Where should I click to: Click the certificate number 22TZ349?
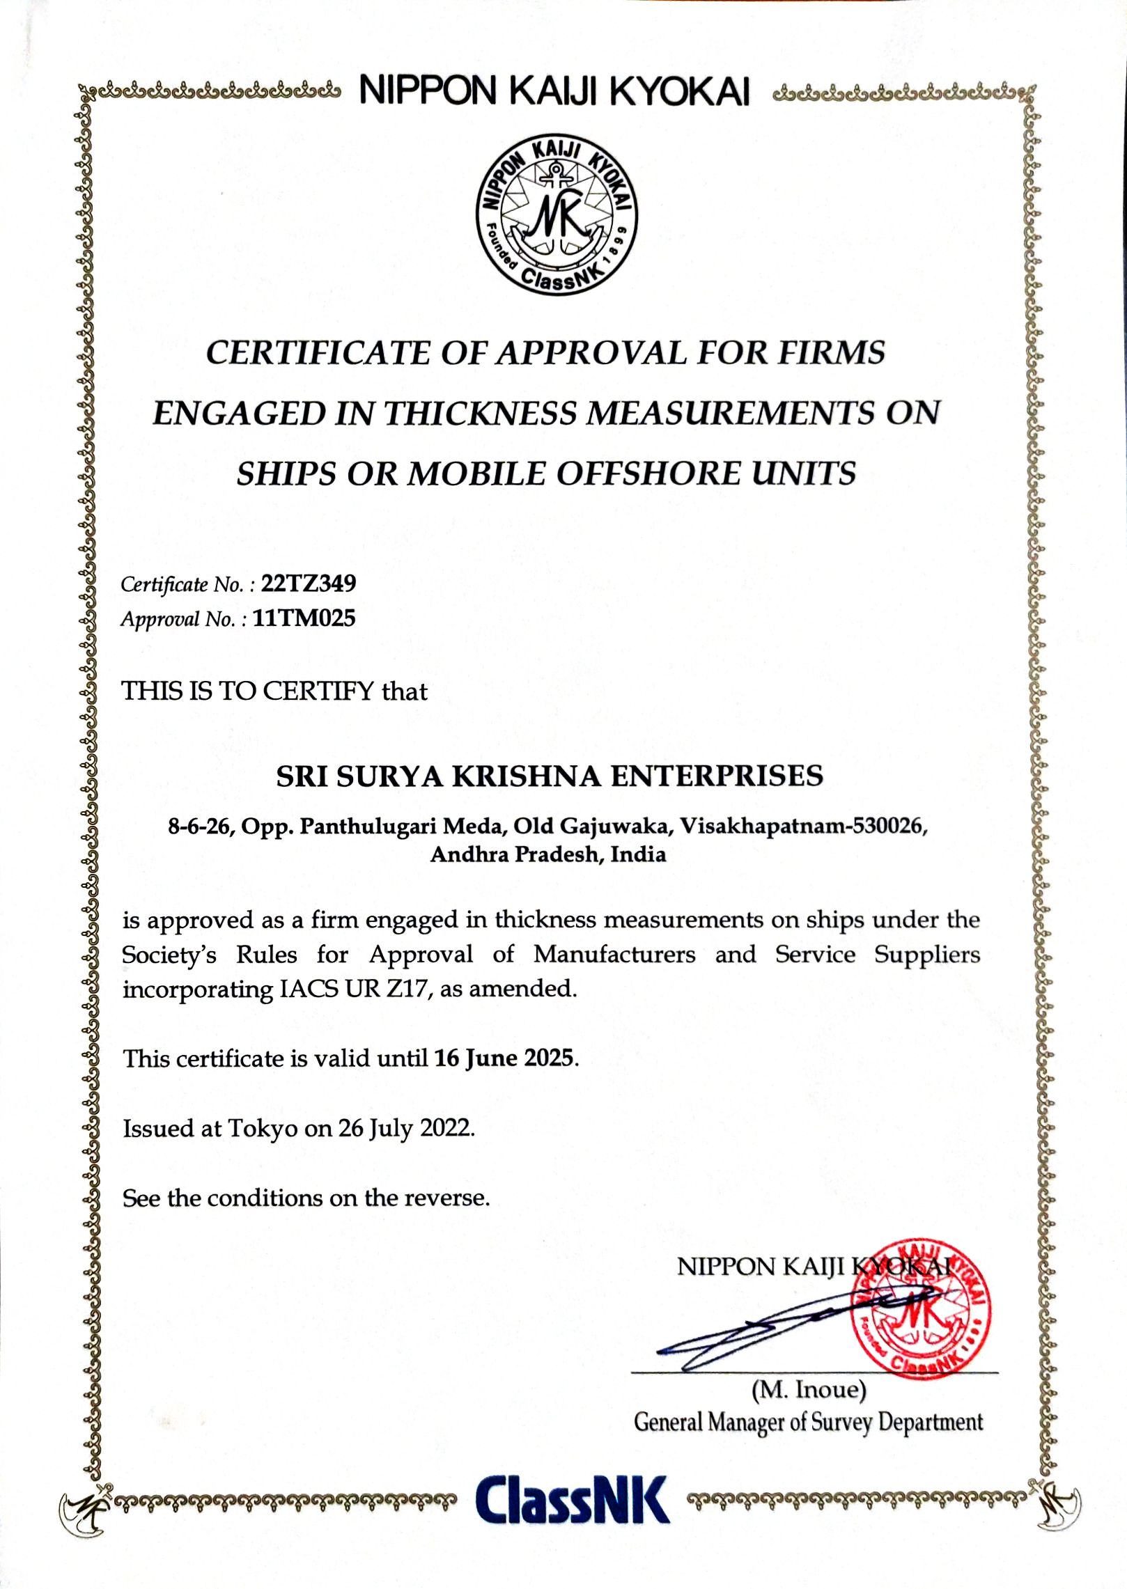308,584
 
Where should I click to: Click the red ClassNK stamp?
921,1307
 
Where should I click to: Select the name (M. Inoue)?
809,1390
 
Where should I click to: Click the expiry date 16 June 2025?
505,1058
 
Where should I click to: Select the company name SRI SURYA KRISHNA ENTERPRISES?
550,776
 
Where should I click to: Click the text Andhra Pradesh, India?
548,854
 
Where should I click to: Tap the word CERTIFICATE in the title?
318,352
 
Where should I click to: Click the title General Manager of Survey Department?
808,1422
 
